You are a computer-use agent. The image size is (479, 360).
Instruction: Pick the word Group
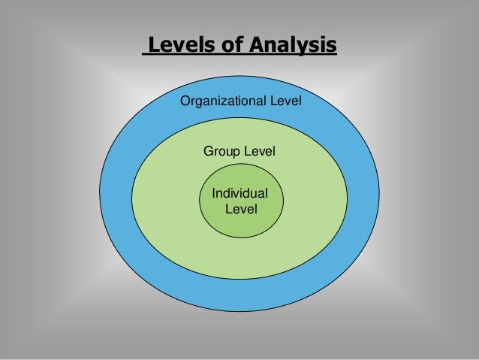click(x=221, y=152)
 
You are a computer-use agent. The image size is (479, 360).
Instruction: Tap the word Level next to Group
click(x=259, y=152)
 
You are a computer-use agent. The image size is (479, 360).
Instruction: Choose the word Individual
click(x=240, y=194)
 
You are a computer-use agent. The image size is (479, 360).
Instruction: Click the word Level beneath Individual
click(x=241, y=208)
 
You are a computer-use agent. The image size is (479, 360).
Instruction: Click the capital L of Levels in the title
click(x=153, y=47)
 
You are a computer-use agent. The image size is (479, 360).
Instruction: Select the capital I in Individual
click(x=215, y=194)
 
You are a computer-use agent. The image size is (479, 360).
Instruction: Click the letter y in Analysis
click(x=308, y=49)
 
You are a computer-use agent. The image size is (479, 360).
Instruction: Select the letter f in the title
click(x=227, y=47)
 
